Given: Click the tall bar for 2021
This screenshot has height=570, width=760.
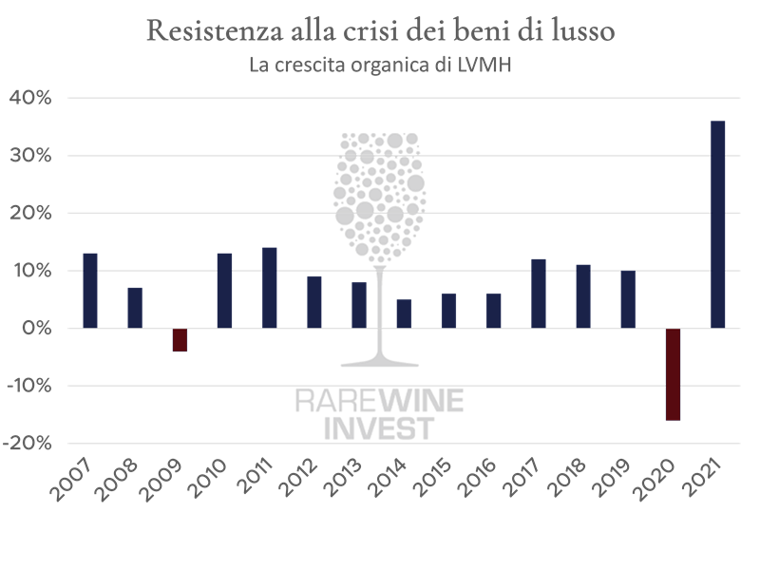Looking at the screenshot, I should [x=718, y=224].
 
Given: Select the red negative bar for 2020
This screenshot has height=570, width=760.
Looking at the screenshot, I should [x=673, y=374].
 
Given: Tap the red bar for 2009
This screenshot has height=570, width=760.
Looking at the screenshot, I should [x=180, y=340].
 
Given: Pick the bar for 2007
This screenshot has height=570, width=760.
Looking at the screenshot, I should [x=90, y=291].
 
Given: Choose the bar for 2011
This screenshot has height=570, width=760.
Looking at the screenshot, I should [x=269, y=288].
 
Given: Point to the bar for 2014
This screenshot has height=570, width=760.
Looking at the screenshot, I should [x=404, y=313].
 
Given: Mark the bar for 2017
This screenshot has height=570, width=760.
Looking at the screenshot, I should [x=539, y=294].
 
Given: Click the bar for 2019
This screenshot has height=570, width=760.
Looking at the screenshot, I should [x=628, y=299].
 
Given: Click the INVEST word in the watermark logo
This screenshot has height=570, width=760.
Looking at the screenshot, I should [x=379, y=427].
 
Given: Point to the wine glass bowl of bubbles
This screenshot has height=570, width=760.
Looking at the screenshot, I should [x=379, y=190].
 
